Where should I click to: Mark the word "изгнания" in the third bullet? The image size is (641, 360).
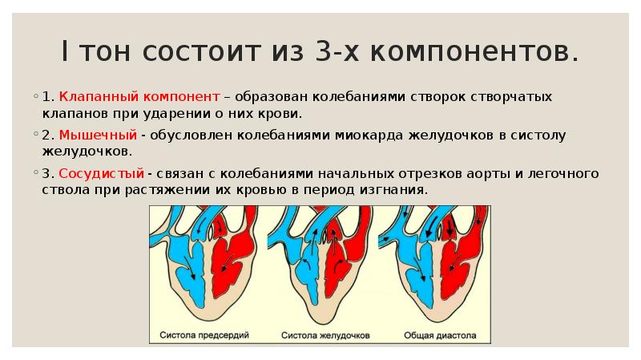(397, 190)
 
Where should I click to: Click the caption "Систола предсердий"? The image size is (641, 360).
(204, 334)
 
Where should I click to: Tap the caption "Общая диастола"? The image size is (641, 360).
(440, 334)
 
